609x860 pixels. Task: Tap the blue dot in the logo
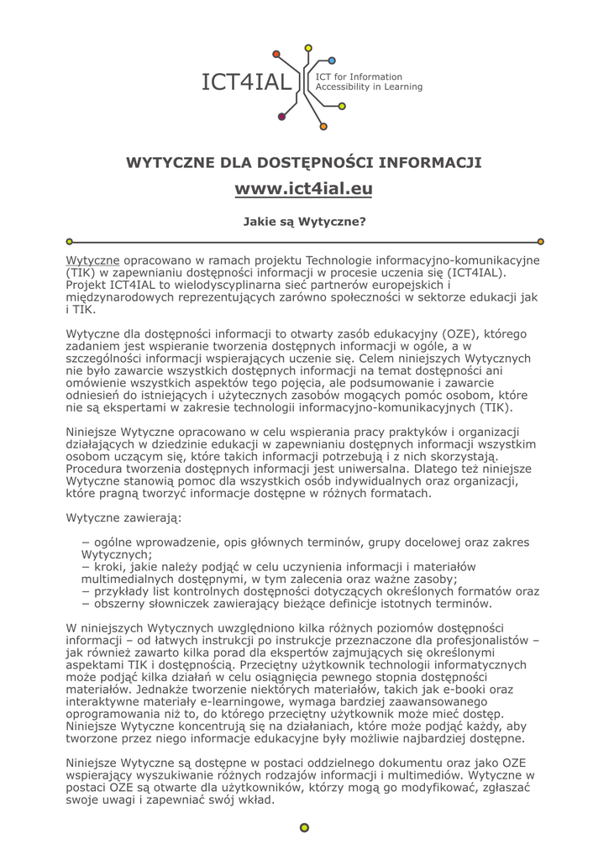coord(332,60)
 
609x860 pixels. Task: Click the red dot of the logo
coord(281,117)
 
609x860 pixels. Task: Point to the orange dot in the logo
coord(323,127)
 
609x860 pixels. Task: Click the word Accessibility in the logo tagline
coord(349,87)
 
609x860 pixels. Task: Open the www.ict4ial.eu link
coord(303,189)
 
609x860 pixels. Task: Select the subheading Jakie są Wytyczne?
coord(303,223)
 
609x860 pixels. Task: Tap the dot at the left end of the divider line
coord(70,241)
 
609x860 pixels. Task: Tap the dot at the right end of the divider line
coord(540,241)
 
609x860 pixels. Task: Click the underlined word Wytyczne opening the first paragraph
coord(92,260)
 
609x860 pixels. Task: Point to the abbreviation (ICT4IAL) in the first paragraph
coord(496,272)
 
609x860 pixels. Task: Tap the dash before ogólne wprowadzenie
coord(86,543)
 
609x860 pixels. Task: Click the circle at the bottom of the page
coord(304,827)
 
